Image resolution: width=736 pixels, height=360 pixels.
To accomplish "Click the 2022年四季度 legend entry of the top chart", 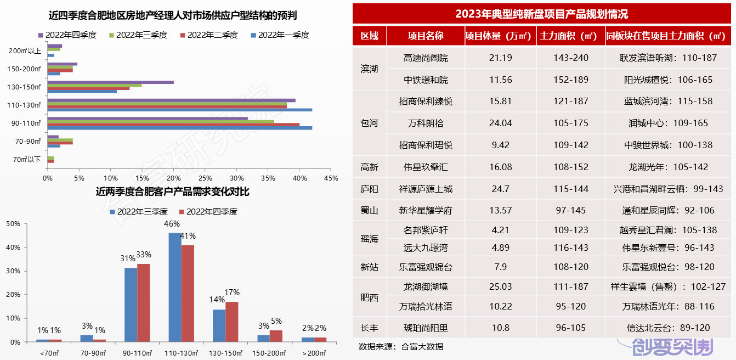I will pyautogui.click(x=67, y=35).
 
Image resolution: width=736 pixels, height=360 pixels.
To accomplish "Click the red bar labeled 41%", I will pyautogui.click(x=188, y=293).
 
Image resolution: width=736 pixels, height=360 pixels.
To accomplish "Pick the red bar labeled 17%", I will pyautogui.click(x=232, y=322).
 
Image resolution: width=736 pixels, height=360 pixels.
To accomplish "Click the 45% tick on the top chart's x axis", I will pyautogui.click(x=331, y=178).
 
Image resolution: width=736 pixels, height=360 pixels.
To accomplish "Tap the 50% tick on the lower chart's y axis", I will pyautogui.click(x=14, y=224).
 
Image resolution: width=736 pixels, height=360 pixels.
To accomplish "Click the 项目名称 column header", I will pyautogui.click(x=426, y=36).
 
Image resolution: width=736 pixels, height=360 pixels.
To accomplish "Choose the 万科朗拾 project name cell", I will pyautogui.click(x=426, y=123).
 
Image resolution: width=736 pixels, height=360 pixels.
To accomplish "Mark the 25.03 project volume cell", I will pyautogui.click(x=500, y=286).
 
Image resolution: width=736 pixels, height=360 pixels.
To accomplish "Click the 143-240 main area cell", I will pyautogui.click(x=571, y=58).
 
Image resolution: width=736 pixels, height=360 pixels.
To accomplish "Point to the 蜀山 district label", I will pyautogui.click(x=369, y=211).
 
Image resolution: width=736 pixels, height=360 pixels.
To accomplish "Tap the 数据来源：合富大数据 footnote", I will pyautogui.click(x=400, y=347).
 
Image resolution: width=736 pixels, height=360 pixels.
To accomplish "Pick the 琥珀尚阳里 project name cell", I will pyautogui.click(x=426, y=328).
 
